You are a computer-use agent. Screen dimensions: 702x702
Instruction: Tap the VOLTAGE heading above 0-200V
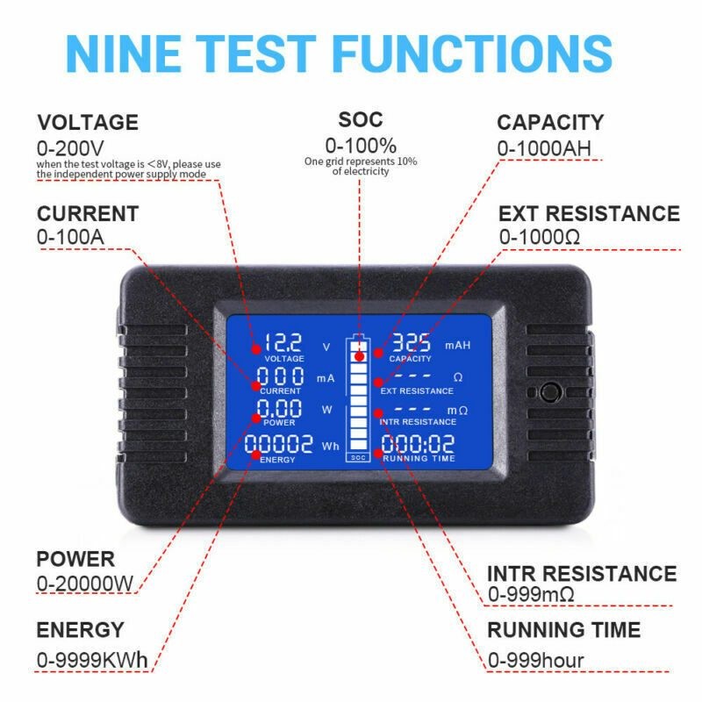coord(87,122)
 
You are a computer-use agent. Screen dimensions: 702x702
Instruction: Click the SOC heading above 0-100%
coord(361,119)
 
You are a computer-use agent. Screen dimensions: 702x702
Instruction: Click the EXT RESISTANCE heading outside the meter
coord(589,213)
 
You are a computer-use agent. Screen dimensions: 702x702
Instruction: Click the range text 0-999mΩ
coord(531,595)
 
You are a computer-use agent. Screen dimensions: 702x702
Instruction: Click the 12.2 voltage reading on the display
coord(283,343)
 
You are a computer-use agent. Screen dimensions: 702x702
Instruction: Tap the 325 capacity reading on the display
coord(412,343)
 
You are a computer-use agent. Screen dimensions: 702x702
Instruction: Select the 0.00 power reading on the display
coord(280,409)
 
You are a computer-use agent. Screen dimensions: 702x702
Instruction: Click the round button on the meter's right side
coord(552,392)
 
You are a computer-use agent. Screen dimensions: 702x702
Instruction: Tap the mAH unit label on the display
coord(457,346)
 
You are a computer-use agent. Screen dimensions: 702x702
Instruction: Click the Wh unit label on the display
coord(330,447)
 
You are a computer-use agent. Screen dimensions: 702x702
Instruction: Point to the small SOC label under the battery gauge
coord(358,457)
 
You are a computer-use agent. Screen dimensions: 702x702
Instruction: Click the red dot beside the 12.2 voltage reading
coord(255,348)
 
